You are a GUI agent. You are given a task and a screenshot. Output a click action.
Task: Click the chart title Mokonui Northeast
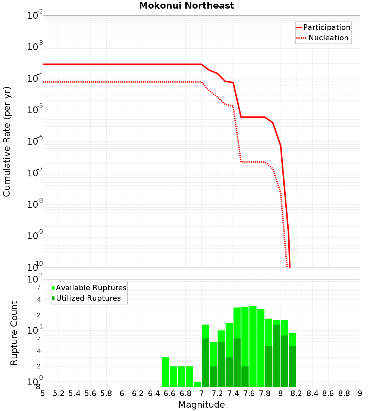pyautogui.click(x=186, y=6)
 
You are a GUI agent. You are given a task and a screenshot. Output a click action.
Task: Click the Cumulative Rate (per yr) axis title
pyautogui.click(x=7, y=142)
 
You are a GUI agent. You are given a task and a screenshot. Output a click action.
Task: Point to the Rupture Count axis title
pyautogui.click(x=14, y=333)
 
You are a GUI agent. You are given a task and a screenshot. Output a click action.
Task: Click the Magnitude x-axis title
pyautogui.click(x=201, y=405)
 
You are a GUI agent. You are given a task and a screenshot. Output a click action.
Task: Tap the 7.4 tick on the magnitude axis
pyautogui.click(x=233, y=394)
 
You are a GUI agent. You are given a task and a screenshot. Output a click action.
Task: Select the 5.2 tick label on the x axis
pyautogui.click(x=59, y=394)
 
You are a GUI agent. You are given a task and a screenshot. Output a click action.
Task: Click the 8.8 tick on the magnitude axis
pyautogui.click(x=344, y=394)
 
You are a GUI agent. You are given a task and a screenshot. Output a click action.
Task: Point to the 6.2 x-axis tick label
pyautogui.click(x=138, y=394)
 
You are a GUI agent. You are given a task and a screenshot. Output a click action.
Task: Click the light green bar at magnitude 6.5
pyautogui.click(x=166, y=372)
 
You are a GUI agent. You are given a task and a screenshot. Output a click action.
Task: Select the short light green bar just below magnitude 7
pyautogui.click(x=197, y=384)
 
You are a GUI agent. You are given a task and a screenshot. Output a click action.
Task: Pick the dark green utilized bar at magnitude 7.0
pyautogui.click(x=205, y=362)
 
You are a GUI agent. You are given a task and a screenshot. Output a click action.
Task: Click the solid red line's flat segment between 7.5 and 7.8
pyautogui.click(x=253, y=117)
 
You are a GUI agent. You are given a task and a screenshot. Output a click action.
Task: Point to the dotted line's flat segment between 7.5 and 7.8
pyautogui.click(x=253, y=162)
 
